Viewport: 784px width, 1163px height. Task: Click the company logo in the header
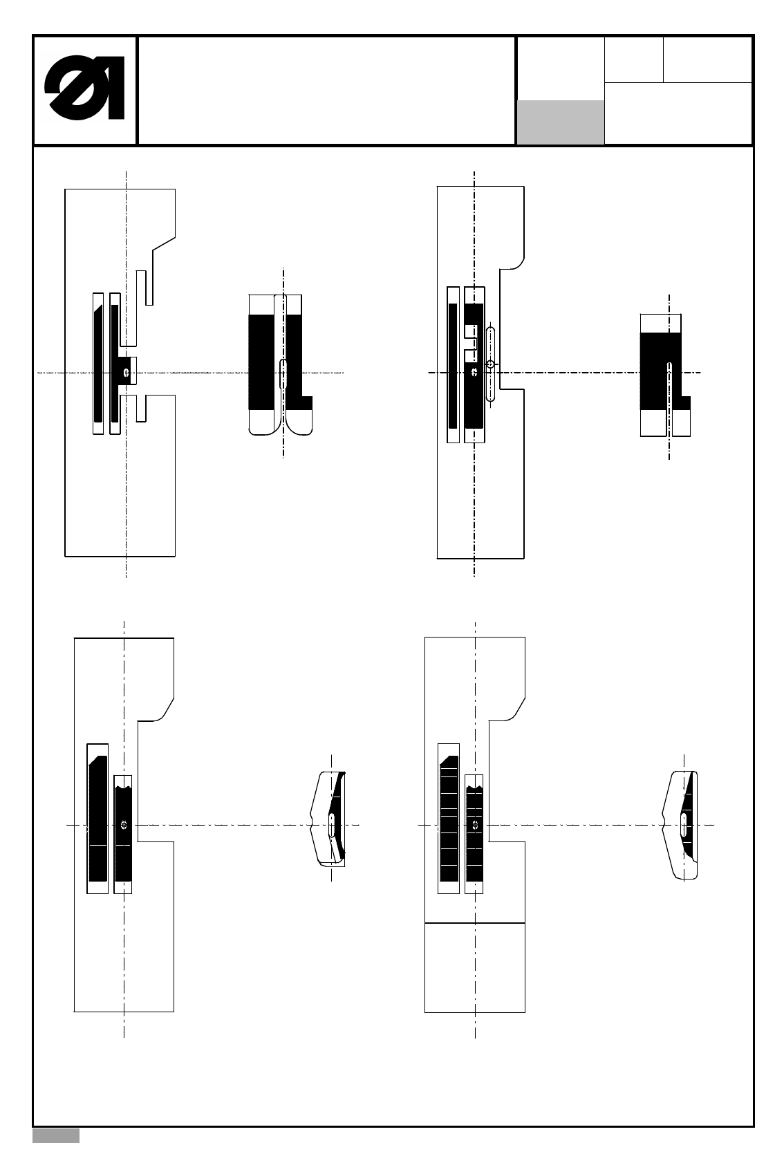(84, 90)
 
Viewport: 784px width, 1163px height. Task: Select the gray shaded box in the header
(560, 122)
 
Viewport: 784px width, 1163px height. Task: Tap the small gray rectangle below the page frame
(56, 1136)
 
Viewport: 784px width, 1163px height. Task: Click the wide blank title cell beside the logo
(326, 90)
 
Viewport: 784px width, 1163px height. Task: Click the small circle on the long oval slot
(490, 364)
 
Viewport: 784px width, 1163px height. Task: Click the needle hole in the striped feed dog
(475, 824)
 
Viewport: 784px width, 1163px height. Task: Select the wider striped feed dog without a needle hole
(449, 819)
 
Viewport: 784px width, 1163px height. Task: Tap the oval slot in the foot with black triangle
(683, 824)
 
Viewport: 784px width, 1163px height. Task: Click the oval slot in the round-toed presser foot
(283, 373)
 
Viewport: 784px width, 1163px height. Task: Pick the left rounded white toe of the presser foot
(266, 422)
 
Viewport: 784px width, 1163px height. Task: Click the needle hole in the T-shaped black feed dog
(125, 373)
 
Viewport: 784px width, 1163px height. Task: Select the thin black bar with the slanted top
(97, 363)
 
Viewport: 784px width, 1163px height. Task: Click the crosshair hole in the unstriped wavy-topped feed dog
(124, 824)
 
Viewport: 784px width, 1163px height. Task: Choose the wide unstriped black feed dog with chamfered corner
(97, 819)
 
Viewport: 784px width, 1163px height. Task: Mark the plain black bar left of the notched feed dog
(453, 365)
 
